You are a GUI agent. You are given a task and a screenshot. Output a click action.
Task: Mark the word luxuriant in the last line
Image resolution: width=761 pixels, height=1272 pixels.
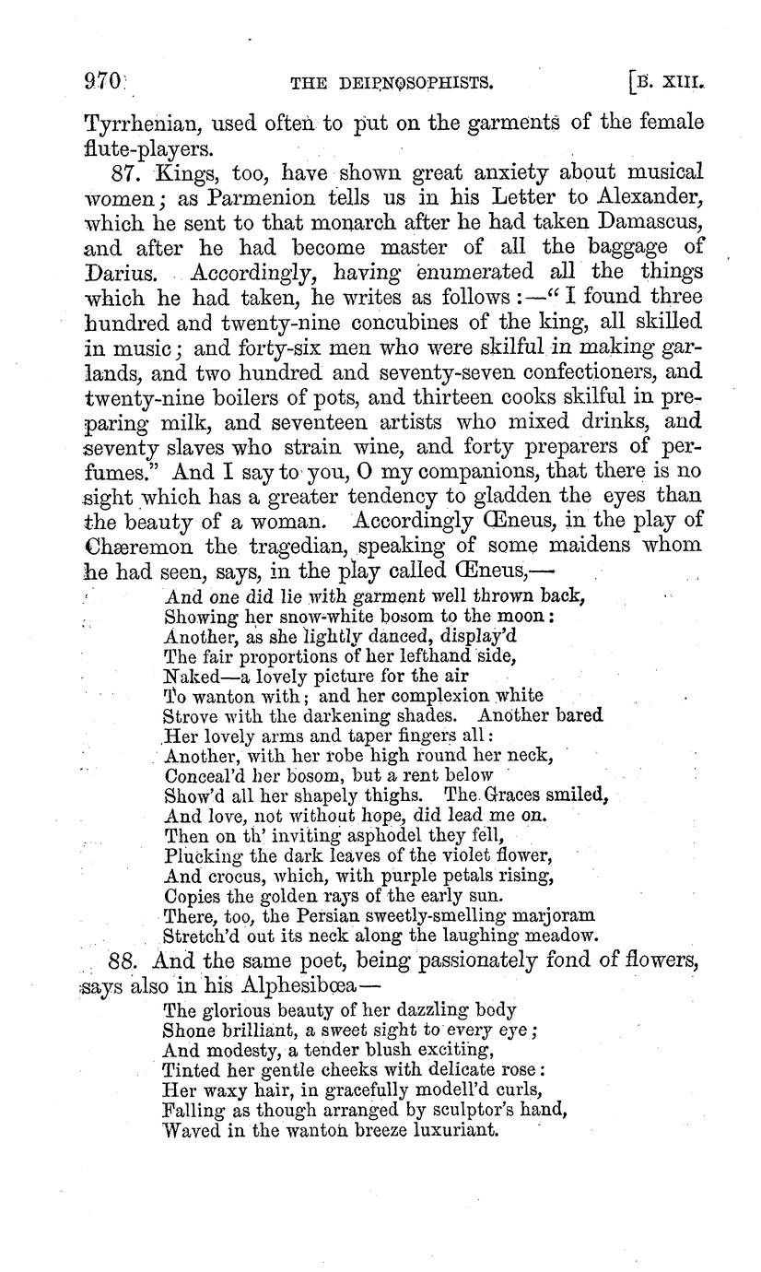(x=453, y=1128)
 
